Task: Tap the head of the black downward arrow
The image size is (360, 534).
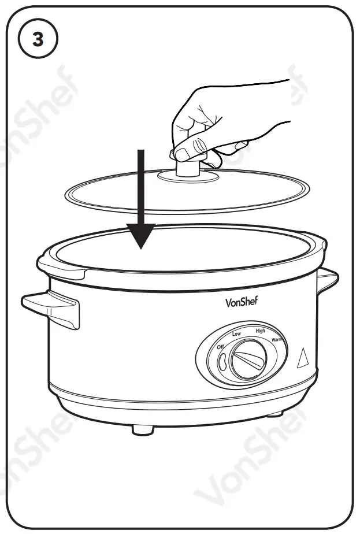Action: pyautogui.click(x=139, y=236)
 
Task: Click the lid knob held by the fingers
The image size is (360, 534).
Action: pyautogui.click(x=187, y=168)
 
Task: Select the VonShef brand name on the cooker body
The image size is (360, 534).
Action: pyautogui.click(x=243, y=302)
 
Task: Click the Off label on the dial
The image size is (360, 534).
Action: pyautogui.click(x=220, y=347)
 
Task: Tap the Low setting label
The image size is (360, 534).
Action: pyautogui.click(x=236, y=334)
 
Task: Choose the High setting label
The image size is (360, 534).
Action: pyautogui.click(x=260, y=331)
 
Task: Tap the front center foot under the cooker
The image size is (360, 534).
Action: pyautogui.click(x=141, y=428)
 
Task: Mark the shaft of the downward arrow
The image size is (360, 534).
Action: pyautogui.click(x=139, y=185)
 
